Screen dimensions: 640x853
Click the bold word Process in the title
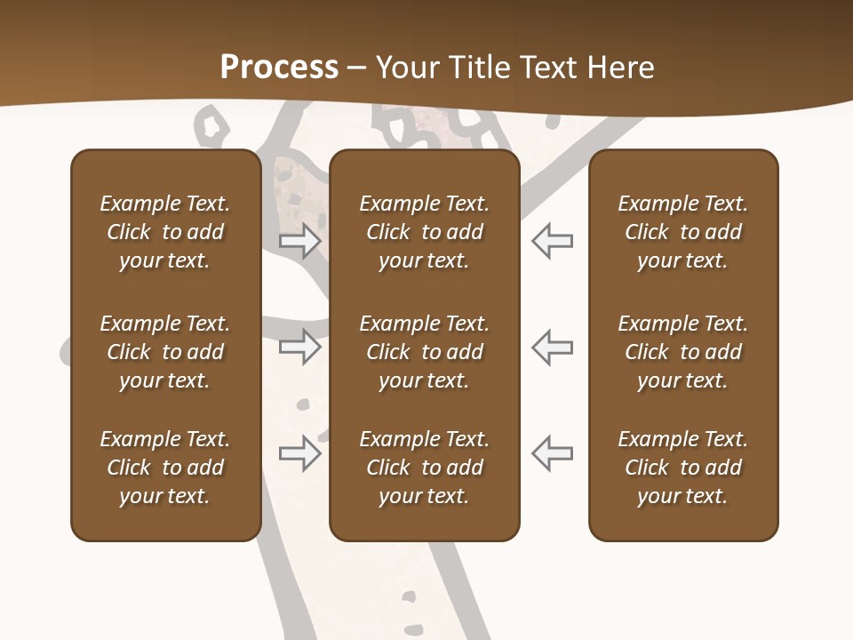pos(279,68)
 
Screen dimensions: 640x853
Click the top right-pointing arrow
pos(299,240)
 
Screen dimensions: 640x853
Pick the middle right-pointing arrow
pos(299,346)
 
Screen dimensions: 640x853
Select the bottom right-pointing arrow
pos(299,452)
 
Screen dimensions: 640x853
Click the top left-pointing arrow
pos(552,240)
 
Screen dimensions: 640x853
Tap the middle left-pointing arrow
pos(552,346)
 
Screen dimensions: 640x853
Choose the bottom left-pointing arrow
pos(552,452)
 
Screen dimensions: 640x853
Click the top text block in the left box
pos(165,232)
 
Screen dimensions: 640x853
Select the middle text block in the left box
pos(165,352)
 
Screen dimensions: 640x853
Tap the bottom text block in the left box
pos(165,468)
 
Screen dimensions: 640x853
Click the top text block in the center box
pos(425,232)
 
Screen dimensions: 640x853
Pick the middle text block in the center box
pos(425,352)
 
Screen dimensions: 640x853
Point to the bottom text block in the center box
pos(425,468)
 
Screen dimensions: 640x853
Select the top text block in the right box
pos(683,232)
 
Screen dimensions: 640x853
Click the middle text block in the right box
pos(683,352)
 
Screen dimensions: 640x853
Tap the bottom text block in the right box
pos(683,468)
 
